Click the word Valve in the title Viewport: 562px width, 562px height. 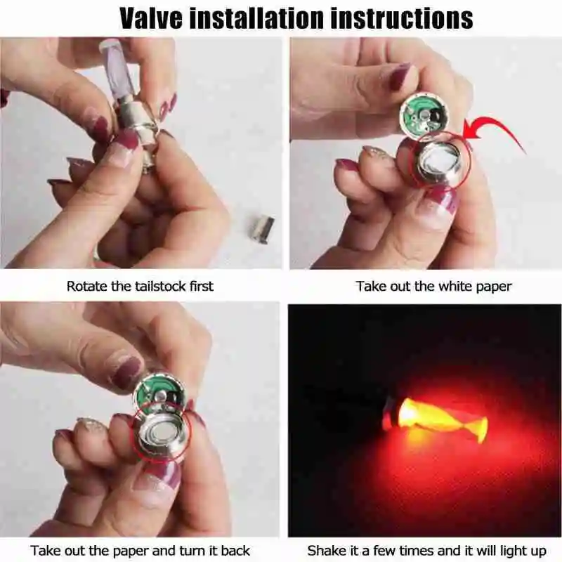(x=151, y=18)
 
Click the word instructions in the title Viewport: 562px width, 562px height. (x=401, y=18)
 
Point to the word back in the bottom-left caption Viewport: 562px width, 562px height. (x=235, y=550)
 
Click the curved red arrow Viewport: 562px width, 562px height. (x=495, y=133)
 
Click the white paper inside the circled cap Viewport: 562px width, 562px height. (x=441, y=159)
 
